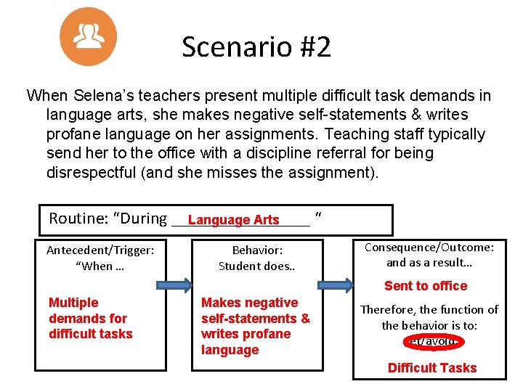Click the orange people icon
[x=88, y=36]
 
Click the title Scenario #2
[x=256, y=47]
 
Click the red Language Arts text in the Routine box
[x=233, y=220]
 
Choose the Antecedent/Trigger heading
[x=100, y=250]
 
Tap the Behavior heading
[x=258, y=250]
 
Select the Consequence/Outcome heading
[x=429, y=248]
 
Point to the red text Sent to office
[x=426, y=286]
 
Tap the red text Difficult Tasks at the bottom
[x=432, y=367]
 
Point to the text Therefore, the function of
[x=429, y=310]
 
